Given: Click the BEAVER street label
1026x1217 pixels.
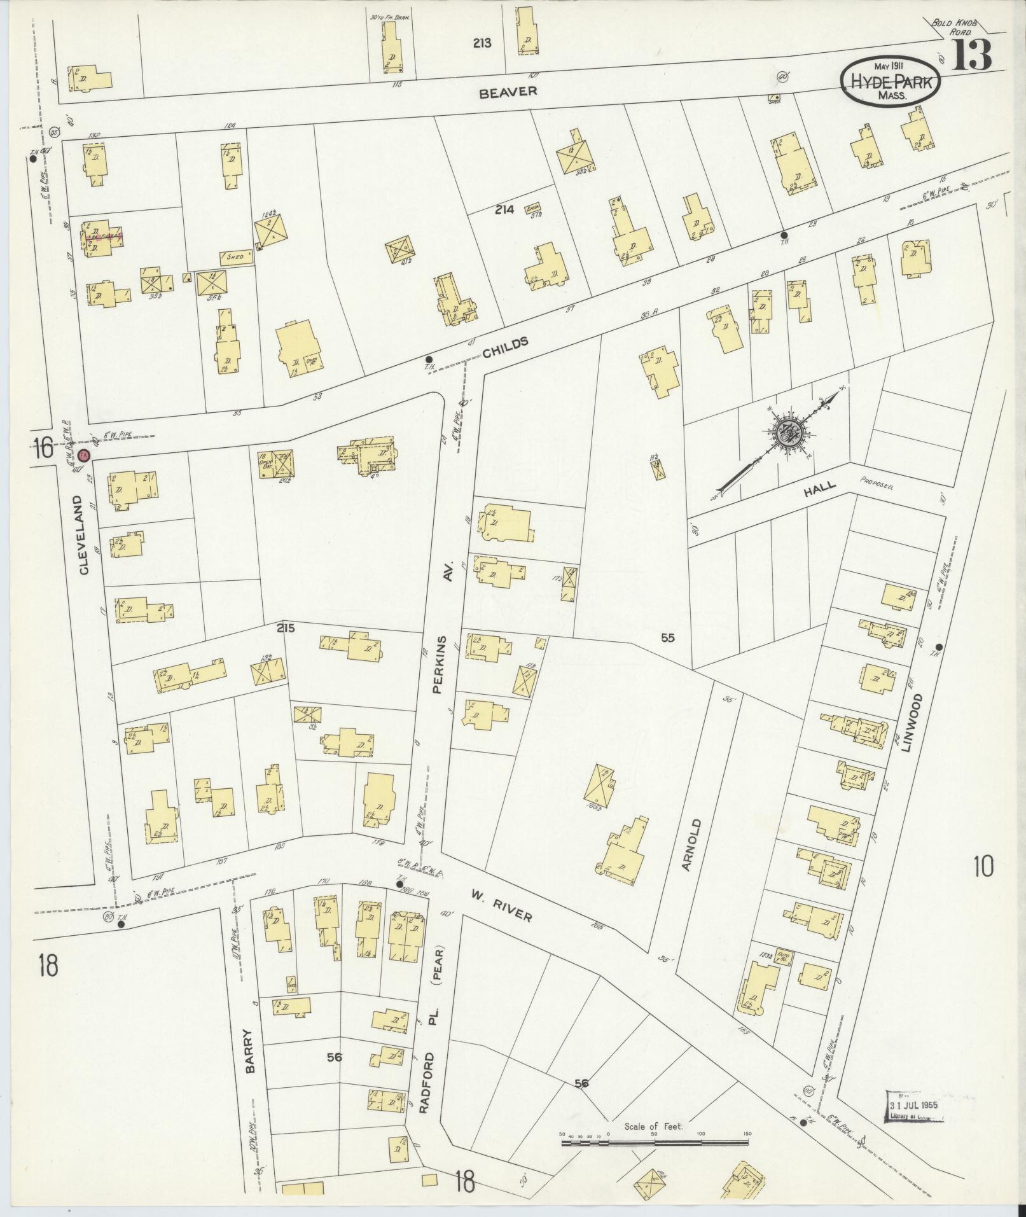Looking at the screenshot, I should coord(508,92).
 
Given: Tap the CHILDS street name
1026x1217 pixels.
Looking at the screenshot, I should coord(506,347).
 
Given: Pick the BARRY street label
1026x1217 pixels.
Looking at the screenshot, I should coord(250,1052).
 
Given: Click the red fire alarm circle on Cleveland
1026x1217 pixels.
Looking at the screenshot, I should coord(84,456).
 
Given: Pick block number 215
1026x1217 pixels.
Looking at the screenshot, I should coord(286,628).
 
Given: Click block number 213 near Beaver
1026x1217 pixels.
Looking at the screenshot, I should coord(482,43).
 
